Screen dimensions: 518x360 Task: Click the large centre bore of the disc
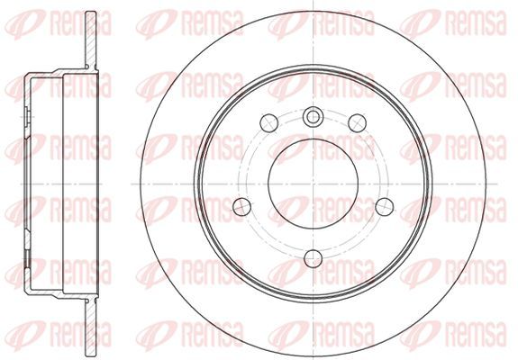click(x=313, y=184)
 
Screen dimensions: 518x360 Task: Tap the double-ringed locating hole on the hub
click(x=313, y=117)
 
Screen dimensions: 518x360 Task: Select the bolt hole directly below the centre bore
click(x=313, y=258)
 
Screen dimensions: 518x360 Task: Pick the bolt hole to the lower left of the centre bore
click(x=241, y=207)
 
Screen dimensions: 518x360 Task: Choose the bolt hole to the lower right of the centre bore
click(x=385, y=207)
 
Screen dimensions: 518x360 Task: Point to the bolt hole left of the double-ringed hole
click(x=269, y=123)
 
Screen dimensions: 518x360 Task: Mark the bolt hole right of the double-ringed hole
click(x=358, y=123)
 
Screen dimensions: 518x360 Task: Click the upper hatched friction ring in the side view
click(x=91, y=40)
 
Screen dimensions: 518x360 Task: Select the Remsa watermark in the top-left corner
click(x=59, y=23)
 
